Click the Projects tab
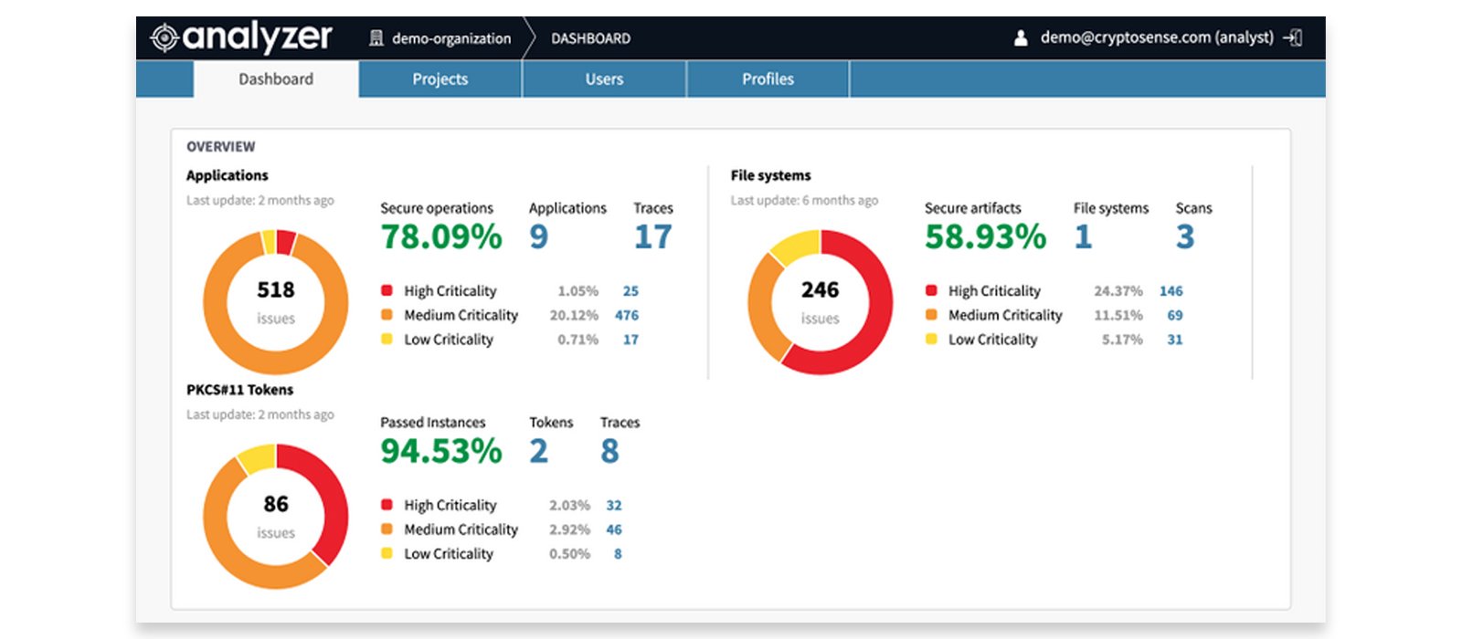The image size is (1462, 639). pos(440,79)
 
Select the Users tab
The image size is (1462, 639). pos(604,79)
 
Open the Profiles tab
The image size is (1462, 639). pos(768,79)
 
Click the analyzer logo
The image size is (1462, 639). pos(242,37)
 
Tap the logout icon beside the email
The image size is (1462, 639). pos(1293,37)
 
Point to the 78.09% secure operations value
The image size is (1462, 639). pos(441,237)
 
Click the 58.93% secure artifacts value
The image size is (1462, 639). pos(985,237)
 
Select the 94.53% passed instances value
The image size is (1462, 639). pos(441,451)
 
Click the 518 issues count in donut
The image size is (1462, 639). pos(275,290)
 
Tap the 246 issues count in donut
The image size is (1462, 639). pos(820,290)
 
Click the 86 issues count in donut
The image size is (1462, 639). pos(275,504)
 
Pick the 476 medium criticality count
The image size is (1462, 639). pos(627,315)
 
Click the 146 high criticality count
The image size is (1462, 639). pos(1171,291)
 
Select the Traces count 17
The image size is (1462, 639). pos(652,237)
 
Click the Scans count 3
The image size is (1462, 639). pos(1184,237)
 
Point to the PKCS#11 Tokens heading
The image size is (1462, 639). pos(239,390)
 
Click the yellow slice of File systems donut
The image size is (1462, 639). pos(793,246)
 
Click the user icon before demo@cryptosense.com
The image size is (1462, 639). pos(1021,38)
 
